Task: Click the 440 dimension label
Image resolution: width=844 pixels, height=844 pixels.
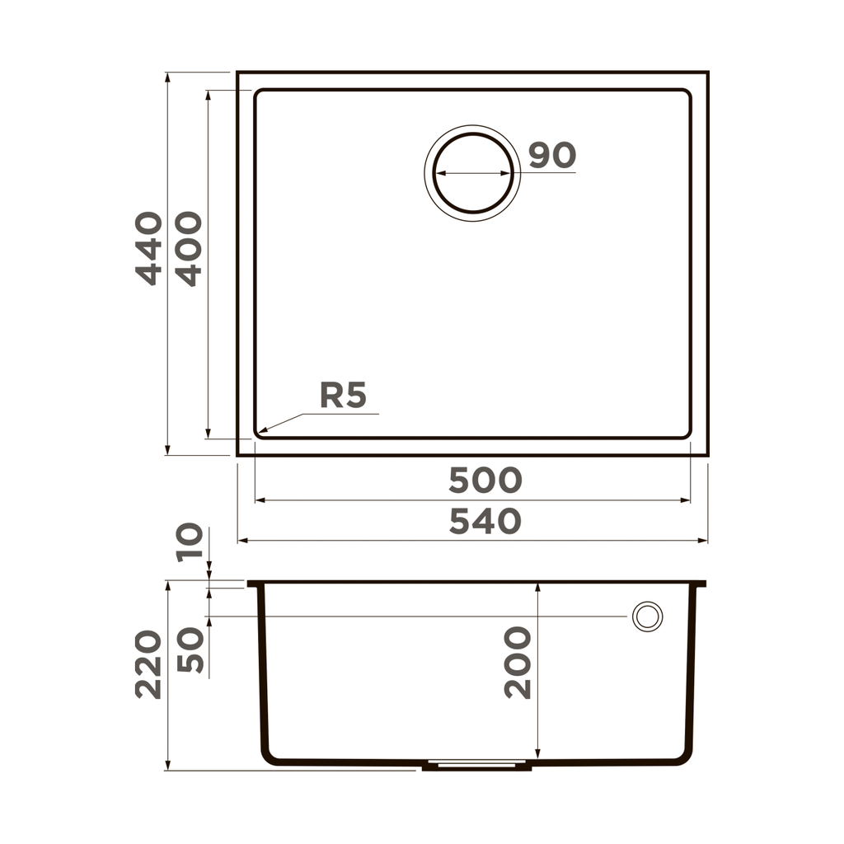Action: (149, 248)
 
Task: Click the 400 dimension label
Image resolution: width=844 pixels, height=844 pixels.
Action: (189, 248)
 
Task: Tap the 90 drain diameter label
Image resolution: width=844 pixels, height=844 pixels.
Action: (552, 155)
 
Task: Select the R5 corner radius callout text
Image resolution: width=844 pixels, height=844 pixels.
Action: (343, 396)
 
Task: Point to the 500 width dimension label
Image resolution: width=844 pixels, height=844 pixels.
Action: (485, 480)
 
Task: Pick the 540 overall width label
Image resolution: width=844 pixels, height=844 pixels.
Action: (485, 521)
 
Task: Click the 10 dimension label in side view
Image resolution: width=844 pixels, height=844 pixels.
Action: (190, 542)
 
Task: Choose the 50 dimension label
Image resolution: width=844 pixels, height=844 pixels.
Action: (190, 649)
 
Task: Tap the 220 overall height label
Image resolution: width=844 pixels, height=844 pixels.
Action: (149, 664)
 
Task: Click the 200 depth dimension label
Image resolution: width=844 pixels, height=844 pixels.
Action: (518, 662)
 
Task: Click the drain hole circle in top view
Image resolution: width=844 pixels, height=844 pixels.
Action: (473, 173)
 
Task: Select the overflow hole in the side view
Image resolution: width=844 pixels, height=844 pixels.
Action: (647, 616)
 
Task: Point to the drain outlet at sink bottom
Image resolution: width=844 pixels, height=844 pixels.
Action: (476, 765)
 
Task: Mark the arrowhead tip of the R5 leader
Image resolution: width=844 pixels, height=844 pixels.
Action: (258, 433)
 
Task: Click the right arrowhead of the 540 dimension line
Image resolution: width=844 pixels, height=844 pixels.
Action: (706, 541)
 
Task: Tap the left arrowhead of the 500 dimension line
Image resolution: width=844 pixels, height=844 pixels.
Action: (256, 499)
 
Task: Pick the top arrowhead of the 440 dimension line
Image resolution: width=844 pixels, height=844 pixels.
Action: (167, 75)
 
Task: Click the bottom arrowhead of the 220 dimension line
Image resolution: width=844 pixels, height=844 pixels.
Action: (167, 768)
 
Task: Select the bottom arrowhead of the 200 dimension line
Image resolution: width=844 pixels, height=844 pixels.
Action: (537, 756)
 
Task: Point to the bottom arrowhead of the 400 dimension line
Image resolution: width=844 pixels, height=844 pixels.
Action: (209, 435)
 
